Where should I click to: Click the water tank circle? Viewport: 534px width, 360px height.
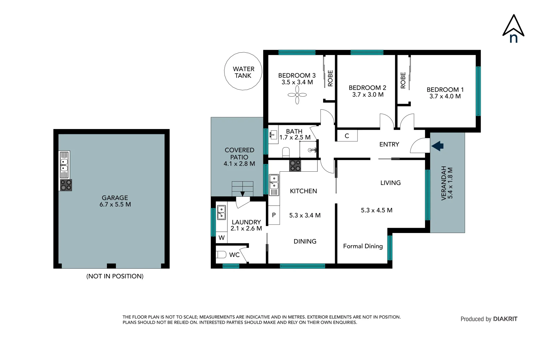243,71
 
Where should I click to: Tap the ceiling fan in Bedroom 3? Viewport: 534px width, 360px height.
297,95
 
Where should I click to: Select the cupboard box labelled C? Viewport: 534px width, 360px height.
347,136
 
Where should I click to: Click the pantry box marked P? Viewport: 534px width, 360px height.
274,215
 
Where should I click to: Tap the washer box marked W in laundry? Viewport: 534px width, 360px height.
222,238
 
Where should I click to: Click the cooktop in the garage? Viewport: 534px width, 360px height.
66,185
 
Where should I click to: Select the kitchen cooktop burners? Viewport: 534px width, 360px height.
295,166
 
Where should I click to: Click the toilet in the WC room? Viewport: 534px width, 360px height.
221,255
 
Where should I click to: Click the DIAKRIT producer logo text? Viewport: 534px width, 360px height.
505,319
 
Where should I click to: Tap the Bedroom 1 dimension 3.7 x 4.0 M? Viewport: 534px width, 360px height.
445,96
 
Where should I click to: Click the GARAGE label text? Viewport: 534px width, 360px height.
115,198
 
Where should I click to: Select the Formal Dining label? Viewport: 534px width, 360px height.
363,246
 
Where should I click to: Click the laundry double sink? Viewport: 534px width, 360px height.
221,212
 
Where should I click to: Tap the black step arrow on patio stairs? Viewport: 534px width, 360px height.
243,194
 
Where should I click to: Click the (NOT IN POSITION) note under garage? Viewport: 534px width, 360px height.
115,276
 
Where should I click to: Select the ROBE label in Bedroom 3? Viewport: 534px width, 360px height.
330,78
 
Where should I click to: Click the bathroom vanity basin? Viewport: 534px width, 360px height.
273,135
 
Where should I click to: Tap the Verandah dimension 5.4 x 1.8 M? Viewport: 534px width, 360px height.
450,183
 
